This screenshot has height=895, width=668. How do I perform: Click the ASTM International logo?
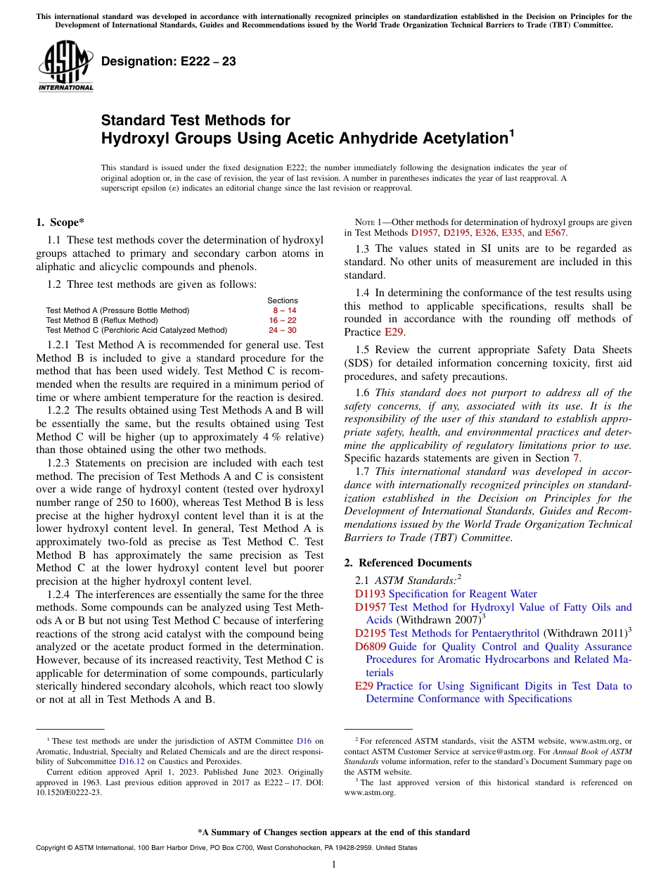(65, 65)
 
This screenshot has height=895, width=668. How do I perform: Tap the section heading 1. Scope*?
(60, 223)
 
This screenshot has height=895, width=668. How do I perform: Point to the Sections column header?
(283, 300)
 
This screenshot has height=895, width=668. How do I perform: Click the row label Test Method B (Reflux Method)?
(102, 320)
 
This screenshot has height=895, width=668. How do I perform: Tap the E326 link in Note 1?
(485, 233)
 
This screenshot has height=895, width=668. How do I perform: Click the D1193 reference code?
(370, 594)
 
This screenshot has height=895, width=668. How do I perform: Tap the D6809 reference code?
(370, 647)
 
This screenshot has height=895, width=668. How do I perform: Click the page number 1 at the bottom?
(334, 864)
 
